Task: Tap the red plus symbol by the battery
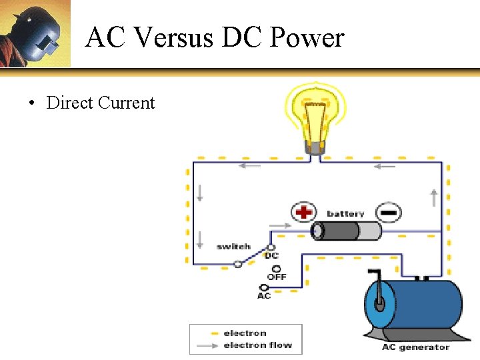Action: tap(303, 213)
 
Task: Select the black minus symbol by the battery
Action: tap(389, 213)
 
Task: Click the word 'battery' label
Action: tap(345, 214)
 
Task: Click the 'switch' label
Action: tap(233, 247)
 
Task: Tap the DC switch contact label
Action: tap(271, 255)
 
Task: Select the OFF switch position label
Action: tap(277, 276)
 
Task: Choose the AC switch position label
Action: tap(264, 295)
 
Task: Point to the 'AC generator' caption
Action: tap(415, 347)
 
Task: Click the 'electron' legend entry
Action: tap(245, 333)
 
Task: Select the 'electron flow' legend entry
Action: tap(257, 345)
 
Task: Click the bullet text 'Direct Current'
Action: tap(100, 103)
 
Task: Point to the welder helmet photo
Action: tap(35, 33)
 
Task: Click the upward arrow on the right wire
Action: tap(434, 197)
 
